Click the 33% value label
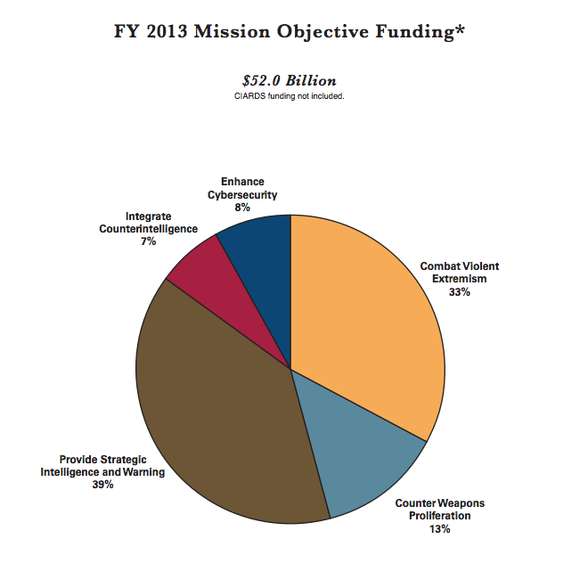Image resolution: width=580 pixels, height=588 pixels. (x=460, y=292)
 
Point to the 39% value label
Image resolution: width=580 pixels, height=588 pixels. (x=102, y=486)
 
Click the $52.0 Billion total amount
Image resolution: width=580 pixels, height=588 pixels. (x=290, y=80)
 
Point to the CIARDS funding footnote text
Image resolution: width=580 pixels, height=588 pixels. (x=290, y=96)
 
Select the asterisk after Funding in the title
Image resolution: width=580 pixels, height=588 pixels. (x=460, y=29)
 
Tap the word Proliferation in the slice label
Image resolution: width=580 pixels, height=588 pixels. (x=440, y=517)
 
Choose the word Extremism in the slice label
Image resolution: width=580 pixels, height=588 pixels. (x=460, y=280)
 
